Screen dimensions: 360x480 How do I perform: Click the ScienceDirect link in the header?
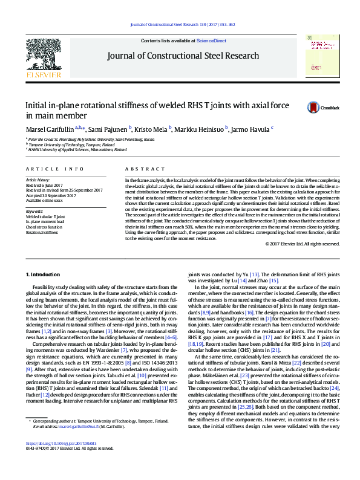point(212,41)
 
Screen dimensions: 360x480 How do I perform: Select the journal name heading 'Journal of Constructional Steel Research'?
point(183,56)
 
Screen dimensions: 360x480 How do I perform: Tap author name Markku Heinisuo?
point(200,129)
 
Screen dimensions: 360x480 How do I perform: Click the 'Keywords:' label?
point(34,211)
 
